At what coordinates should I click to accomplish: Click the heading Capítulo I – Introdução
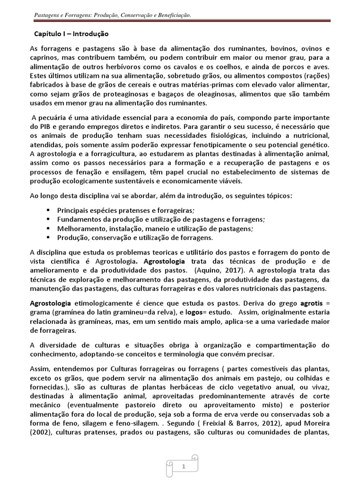click(x=71, y=34)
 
